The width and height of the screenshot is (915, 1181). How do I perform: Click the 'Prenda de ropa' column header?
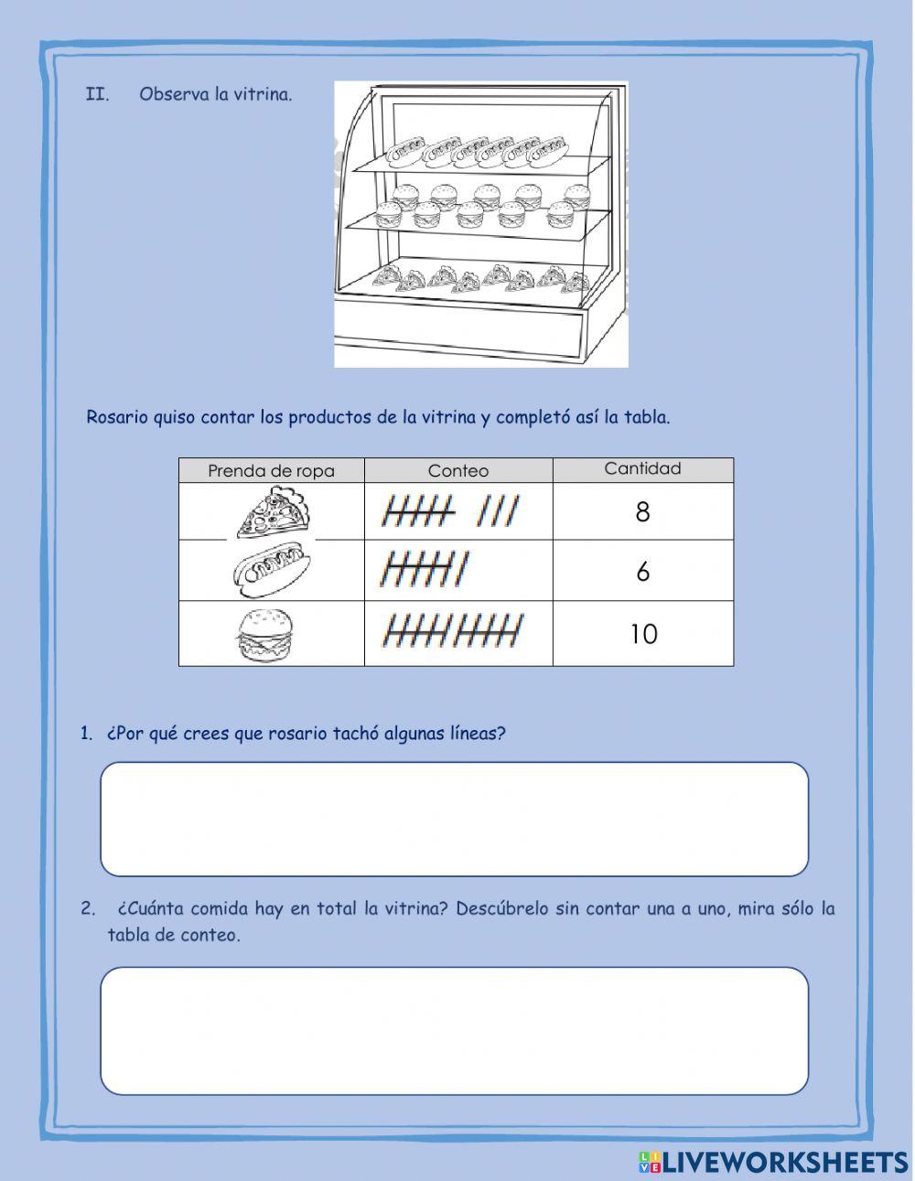click(x=271, y=471)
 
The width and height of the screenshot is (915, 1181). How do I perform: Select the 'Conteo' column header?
click(x=457, y=471)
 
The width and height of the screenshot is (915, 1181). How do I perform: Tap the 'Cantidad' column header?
click(x=642, y=469)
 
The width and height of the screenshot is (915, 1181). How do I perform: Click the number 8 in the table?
click(x=642, y=512)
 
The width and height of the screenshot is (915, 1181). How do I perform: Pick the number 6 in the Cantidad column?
click(x=642, y=572)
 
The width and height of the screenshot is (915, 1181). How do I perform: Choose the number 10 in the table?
click(x=643, y=634)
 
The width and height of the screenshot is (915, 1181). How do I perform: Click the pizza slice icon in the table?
click(x=273, y=512)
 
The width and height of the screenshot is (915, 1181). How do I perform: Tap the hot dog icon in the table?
click(x=272, y=571)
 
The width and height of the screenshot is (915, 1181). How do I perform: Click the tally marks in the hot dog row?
click(x=425, y=570)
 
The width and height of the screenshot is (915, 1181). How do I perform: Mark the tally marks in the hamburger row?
click(x=453, y=630)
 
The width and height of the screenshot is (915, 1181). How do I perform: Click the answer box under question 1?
click(x=454, y=819)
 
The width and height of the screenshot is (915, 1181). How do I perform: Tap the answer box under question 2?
click(x=454, y=1030)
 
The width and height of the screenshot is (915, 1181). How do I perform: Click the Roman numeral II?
click(x=97, y=94)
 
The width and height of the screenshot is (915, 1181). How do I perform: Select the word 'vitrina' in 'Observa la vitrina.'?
click(x=265, y=94)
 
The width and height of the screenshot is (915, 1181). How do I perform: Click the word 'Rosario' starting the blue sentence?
click(x=117, y=418)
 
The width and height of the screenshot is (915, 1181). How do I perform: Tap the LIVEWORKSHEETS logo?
click(x=773, y=1162)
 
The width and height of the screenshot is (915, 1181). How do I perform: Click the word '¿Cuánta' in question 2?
click(x=149, y=909)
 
